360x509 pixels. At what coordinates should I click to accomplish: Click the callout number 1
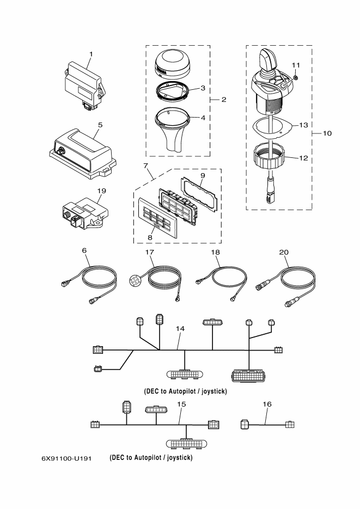coord(91,54)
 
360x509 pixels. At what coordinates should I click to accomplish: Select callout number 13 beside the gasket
coord(303,125)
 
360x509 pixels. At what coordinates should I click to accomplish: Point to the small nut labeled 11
coord(296,77)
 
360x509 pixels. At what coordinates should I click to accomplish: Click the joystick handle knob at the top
coord(267,60)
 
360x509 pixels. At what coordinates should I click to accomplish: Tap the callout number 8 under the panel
coord(150,237)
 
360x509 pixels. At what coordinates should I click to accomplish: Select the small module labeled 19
coord(85,213)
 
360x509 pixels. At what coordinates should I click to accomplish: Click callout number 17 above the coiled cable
coord(149,252)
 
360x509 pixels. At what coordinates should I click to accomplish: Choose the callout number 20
coord(284,252)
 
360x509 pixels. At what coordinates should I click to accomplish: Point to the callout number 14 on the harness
coord(180,328)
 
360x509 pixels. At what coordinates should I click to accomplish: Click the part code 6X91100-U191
coord(66,458)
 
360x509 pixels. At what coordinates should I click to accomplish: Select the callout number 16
coord(267,404)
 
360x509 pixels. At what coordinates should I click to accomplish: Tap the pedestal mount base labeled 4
coord(172,132)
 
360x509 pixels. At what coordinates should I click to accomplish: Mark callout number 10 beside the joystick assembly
coord(327,133)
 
